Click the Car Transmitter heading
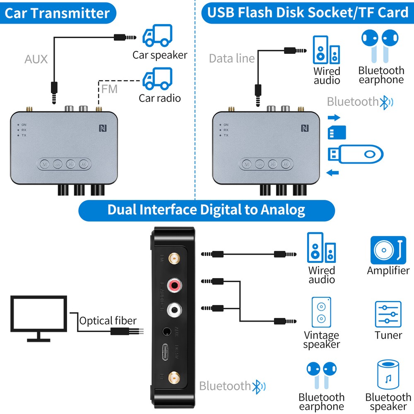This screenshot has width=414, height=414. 57,13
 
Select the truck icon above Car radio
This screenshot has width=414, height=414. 157,79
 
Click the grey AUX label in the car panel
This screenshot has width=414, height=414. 36,59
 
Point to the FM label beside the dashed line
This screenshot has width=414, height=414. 110,89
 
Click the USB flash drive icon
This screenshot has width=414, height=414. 355,154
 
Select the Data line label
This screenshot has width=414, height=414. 231,58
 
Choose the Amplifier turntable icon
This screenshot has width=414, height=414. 388,250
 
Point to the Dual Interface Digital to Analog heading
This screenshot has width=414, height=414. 206,210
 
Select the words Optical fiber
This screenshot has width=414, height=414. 108,320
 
